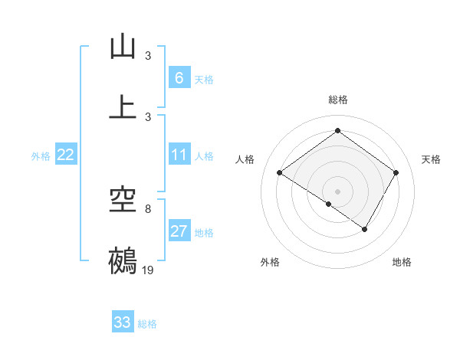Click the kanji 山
click(123, 47)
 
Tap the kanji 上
click(123, 107)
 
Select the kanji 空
click(123, 201)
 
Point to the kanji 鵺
click(123, 260)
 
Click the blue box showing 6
click(179, 78)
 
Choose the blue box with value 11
click(179, 155)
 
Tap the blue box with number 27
click(179, 231)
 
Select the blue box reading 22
click(66, 155)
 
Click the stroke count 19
click(148, 270)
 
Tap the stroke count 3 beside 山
click(148, 56)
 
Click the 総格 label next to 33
click(147, 324)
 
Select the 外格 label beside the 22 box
click(41, 156)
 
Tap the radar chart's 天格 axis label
click(431, 159)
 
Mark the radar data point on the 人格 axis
click(280, 172)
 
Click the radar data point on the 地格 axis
click(365, 229)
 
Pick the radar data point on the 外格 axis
click(329, 204)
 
